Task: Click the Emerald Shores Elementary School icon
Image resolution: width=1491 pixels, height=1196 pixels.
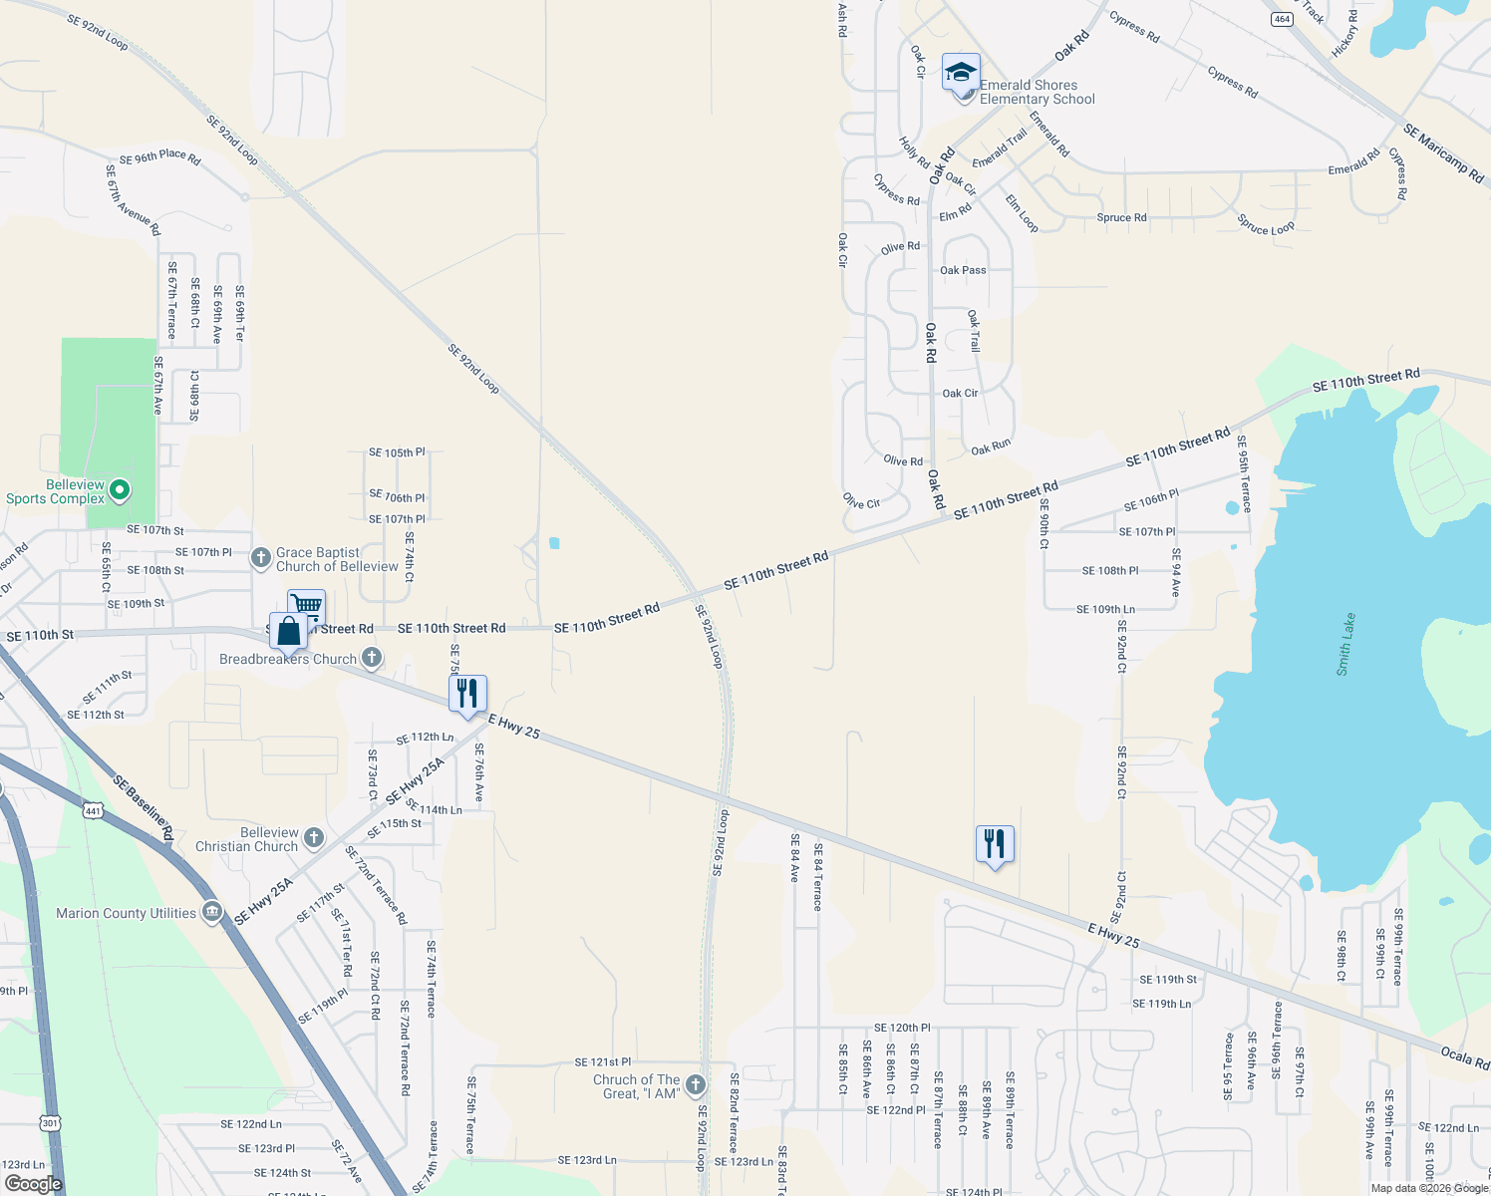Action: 961,74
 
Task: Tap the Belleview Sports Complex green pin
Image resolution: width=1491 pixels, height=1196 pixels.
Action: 120,489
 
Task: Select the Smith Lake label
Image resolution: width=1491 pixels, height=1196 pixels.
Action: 1346,645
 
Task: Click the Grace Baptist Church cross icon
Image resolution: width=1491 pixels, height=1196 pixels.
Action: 261,558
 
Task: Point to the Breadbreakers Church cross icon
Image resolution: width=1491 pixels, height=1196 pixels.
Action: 372,657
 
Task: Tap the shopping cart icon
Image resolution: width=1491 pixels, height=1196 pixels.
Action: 307,606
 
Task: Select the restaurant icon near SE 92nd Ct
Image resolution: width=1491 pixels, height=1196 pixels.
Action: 995,844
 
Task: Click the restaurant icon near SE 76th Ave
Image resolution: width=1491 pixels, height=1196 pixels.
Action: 467,693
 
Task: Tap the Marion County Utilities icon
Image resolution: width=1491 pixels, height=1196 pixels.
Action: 211,912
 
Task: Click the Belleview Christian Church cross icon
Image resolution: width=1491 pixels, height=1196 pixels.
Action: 314,838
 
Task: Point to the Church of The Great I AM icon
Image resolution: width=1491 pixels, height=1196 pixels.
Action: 696,1084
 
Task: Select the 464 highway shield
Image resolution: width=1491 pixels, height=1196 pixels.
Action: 1282,19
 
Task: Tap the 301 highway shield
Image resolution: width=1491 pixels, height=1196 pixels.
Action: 51,1123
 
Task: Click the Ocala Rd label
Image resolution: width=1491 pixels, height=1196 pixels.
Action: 1465,1057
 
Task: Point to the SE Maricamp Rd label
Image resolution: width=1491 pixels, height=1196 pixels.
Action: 1443,153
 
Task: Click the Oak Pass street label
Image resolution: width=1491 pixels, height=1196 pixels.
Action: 963,270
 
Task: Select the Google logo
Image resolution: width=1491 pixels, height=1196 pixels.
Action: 33,1184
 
